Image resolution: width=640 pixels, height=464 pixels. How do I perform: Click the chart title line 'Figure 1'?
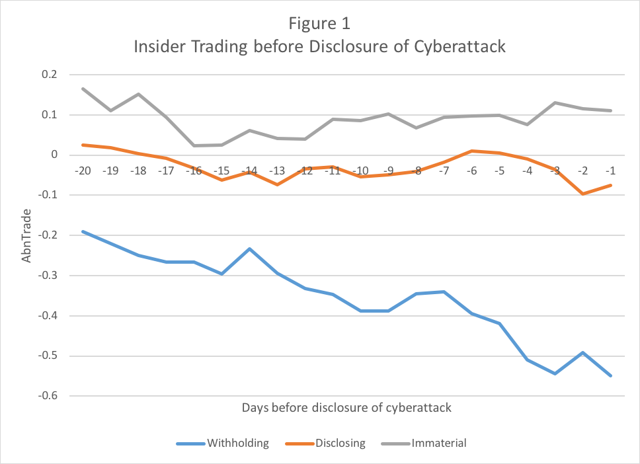click(319, 24)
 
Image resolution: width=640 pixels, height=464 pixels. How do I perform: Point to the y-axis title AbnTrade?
click(26, 235)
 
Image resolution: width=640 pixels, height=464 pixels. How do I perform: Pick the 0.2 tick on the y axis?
click(50, 75)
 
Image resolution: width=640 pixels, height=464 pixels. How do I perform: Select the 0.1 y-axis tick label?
click(50, 115)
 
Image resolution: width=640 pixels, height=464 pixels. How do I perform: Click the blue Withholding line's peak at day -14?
click(249, 249)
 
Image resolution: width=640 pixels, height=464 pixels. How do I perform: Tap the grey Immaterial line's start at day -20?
click(83, 89)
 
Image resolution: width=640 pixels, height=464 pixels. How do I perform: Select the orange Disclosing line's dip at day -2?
click(582, 194)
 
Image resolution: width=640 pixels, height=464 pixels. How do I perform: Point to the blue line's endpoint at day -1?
click(610, 375)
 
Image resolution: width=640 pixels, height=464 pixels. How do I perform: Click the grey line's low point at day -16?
click(194, 145)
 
